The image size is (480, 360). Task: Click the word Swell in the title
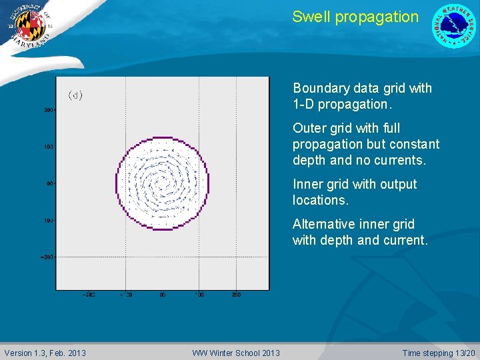click(311, 17)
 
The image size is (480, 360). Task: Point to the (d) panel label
click(75, 95)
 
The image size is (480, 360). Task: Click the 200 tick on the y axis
click(49, 110)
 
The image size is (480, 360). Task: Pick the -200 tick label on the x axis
click(89, 294)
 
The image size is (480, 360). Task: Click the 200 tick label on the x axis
click(236, 294)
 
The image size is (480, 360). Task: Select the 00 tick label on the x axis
click(162, 294)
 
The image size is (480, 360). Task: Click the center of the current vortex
click(162, 182)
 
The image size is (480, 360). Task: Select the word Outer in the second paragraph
click(309, 128)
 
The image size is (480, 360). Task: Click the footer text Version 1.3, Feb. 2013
click(45, 353)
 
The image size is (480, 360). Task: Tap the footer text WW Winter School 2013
click(236, 353)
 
